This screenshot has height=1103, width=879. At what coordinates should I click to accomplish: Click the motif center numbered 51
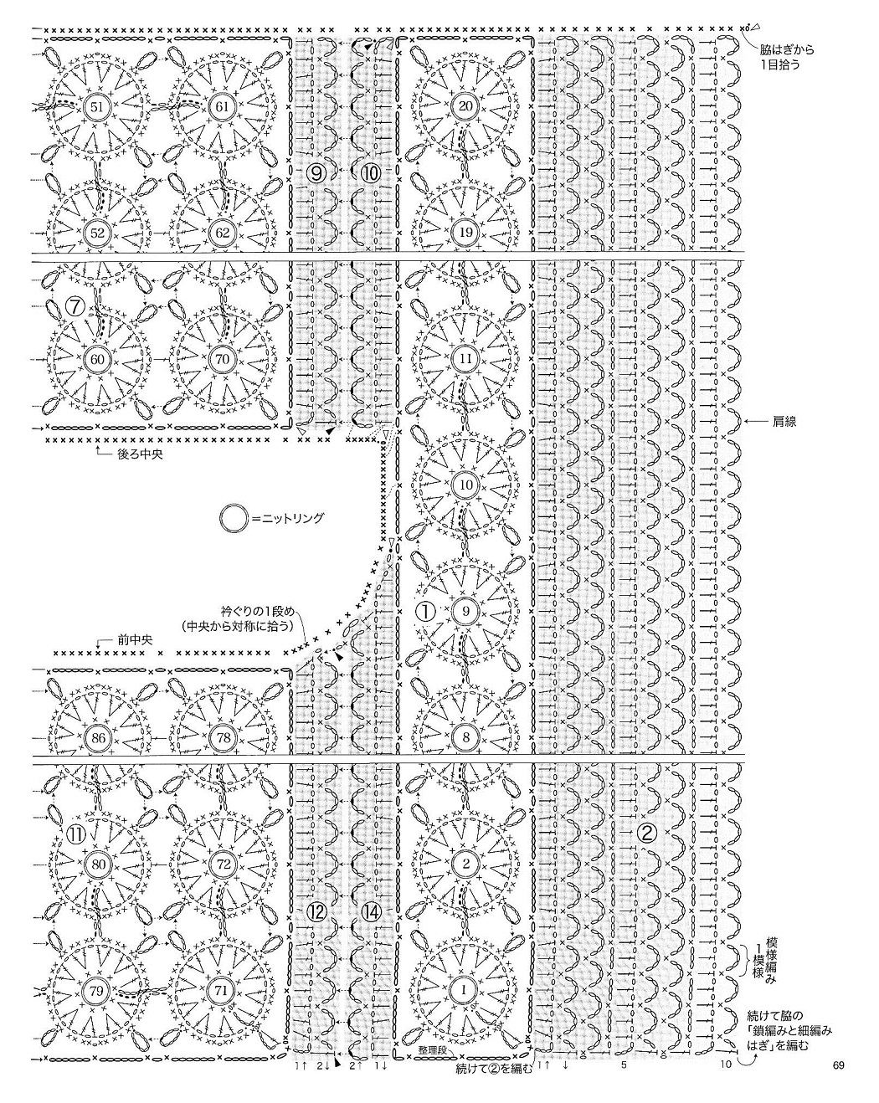click(x=96, y=106)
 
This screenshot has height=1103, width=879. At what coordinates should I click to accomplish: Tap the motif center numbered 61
click(x=221, y=106)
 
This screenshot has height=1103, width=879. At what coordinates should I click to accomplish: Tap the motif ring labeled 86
click(x=96, y=737)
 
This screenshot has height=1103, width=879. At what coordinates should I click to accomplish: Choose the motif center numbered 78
click(x=221, y=737)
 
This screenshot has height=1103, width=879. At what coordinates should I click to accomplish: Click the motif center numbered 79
click(x=96, y=991)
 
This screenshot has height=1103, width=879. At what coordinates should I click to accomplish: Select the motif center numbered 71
click(x=221, y=991)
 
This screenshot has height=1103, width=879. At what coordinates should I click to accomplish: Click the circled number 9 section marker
click(x=317, y=173)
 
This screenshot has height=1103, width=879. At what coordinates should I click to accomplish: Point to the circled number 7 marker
click(x=76, y=307)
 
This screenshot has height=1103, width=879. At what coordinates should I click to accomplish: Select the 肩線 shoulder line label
click(x=785, y=423)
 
